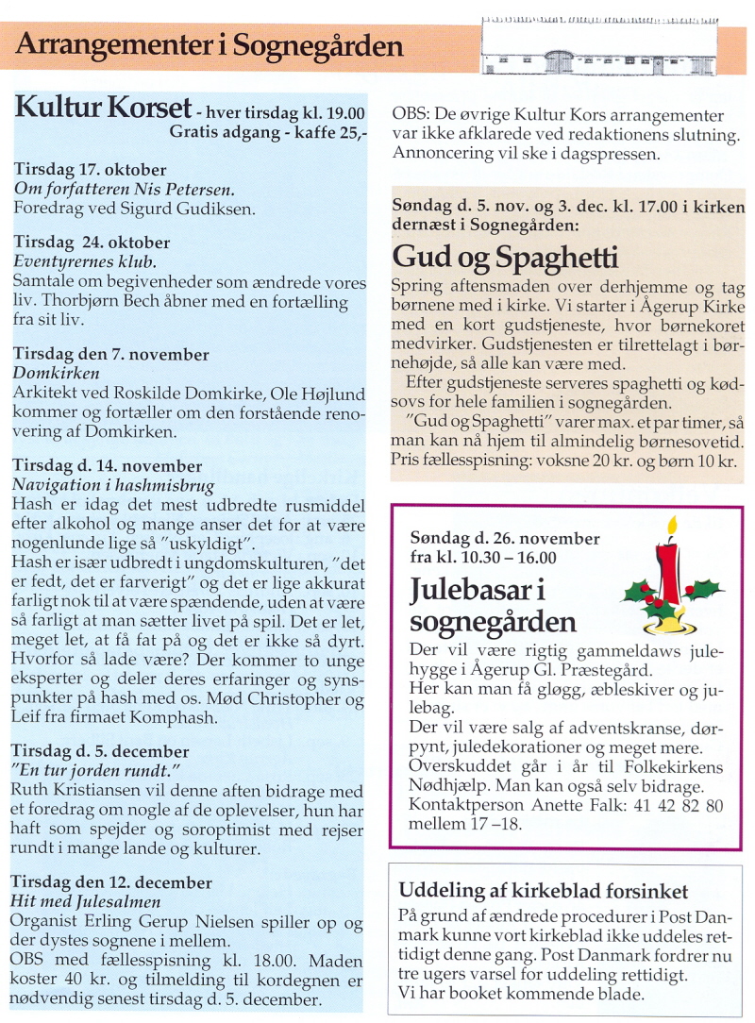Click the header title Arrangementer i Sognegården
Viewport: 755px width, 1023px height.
(x=210, y=45)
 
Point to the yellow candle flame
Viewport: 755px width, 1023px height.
(x=672, y=526)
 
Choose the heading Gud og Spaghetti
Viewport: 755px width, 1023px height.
(x=505, y=257)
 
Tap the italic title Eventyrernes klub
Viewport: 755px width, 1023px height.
(x=85, y=261)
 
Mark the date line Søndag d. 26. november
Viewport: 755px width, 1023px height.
(x=505, y=538)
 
